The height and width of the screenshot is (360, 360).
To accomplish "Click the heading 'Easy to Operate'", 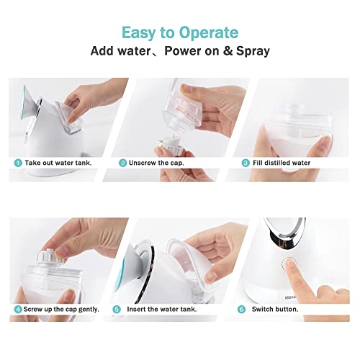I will point(179,32).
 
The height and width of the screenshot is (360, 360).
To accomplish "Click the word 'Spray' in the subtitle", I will point(251,52).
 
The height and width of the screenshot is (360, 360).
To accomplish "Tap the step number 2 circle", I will point(123,163).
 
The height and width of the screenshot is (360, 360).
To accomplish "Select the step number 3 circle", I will point(246,163).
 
